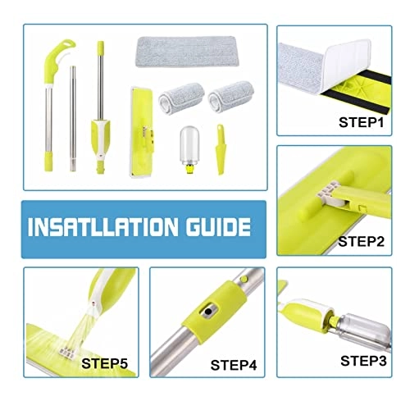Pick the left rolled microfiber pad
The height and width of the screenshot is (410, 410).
[x=179, y=96]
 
